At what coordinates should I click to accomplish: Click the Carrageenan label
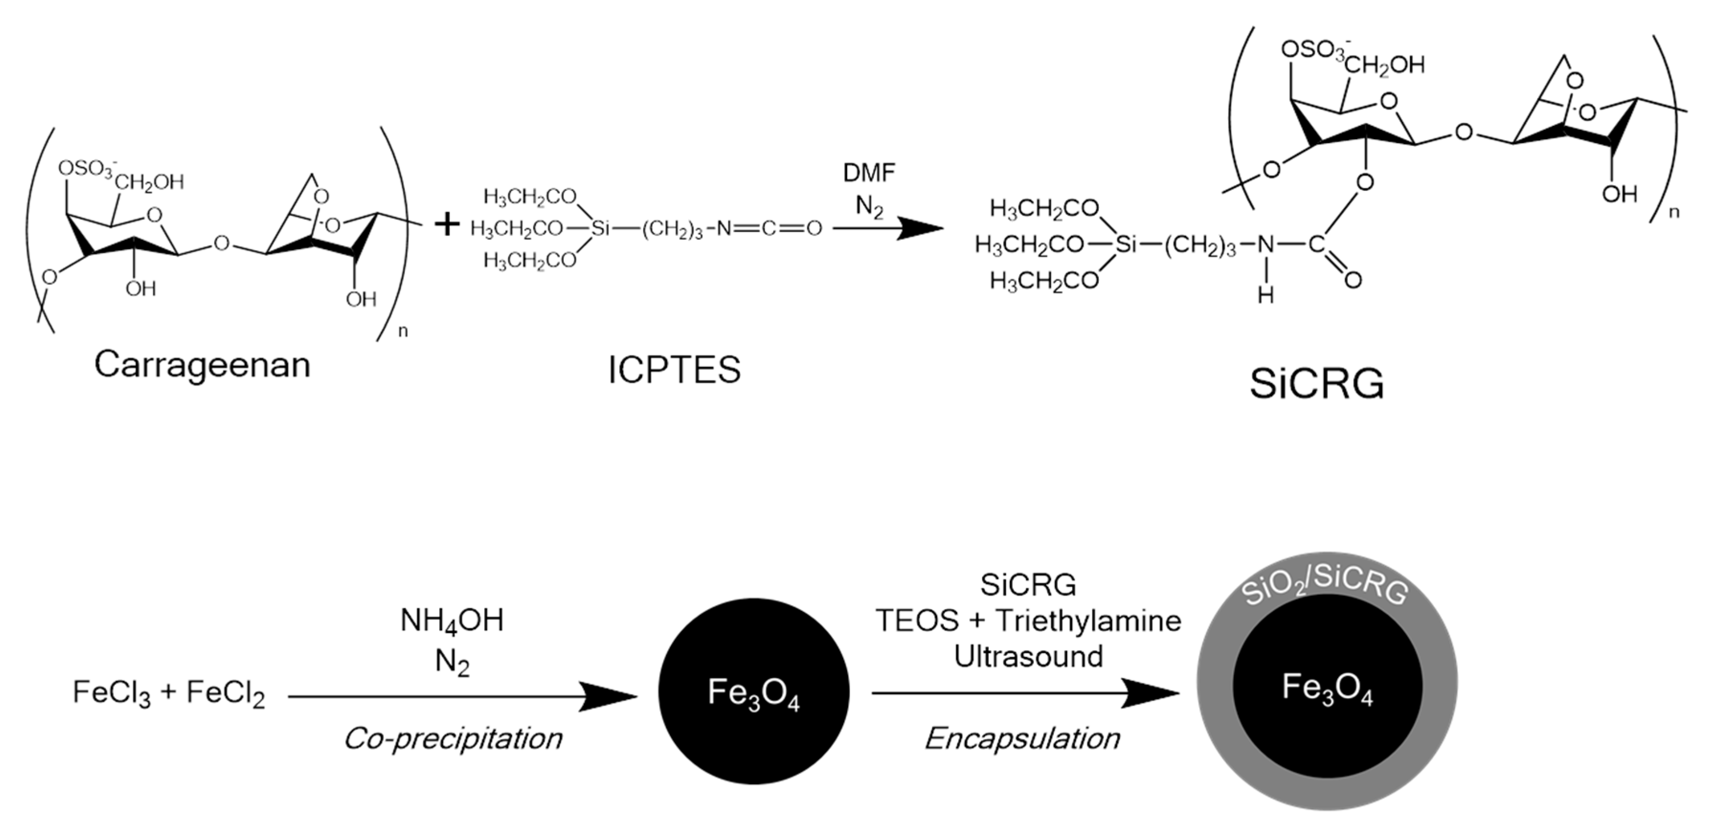(x=202, y=365)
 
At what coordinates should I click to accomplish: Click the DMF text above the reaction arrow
(x=869, y=173)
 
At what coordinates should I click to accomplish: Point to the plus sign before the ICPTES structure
(x=447, y=225)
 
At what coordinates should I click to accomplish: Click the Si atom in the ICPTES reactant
(x=600, y=229)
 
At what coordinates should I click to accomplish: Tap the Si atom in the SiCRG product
(x=1126, y=244)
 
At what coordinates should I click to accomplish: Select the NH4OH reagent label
(x=452, y=621)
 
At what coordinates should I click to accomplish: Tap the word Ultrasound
(x=1028, y=656)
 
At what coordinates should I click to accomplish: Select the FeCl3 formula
(x=112, y=694)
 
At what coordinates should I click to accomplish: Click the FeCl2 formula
(x=225, y=694)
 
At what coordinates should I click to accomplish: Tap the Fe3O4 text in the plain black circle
(x=754, y=694)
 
